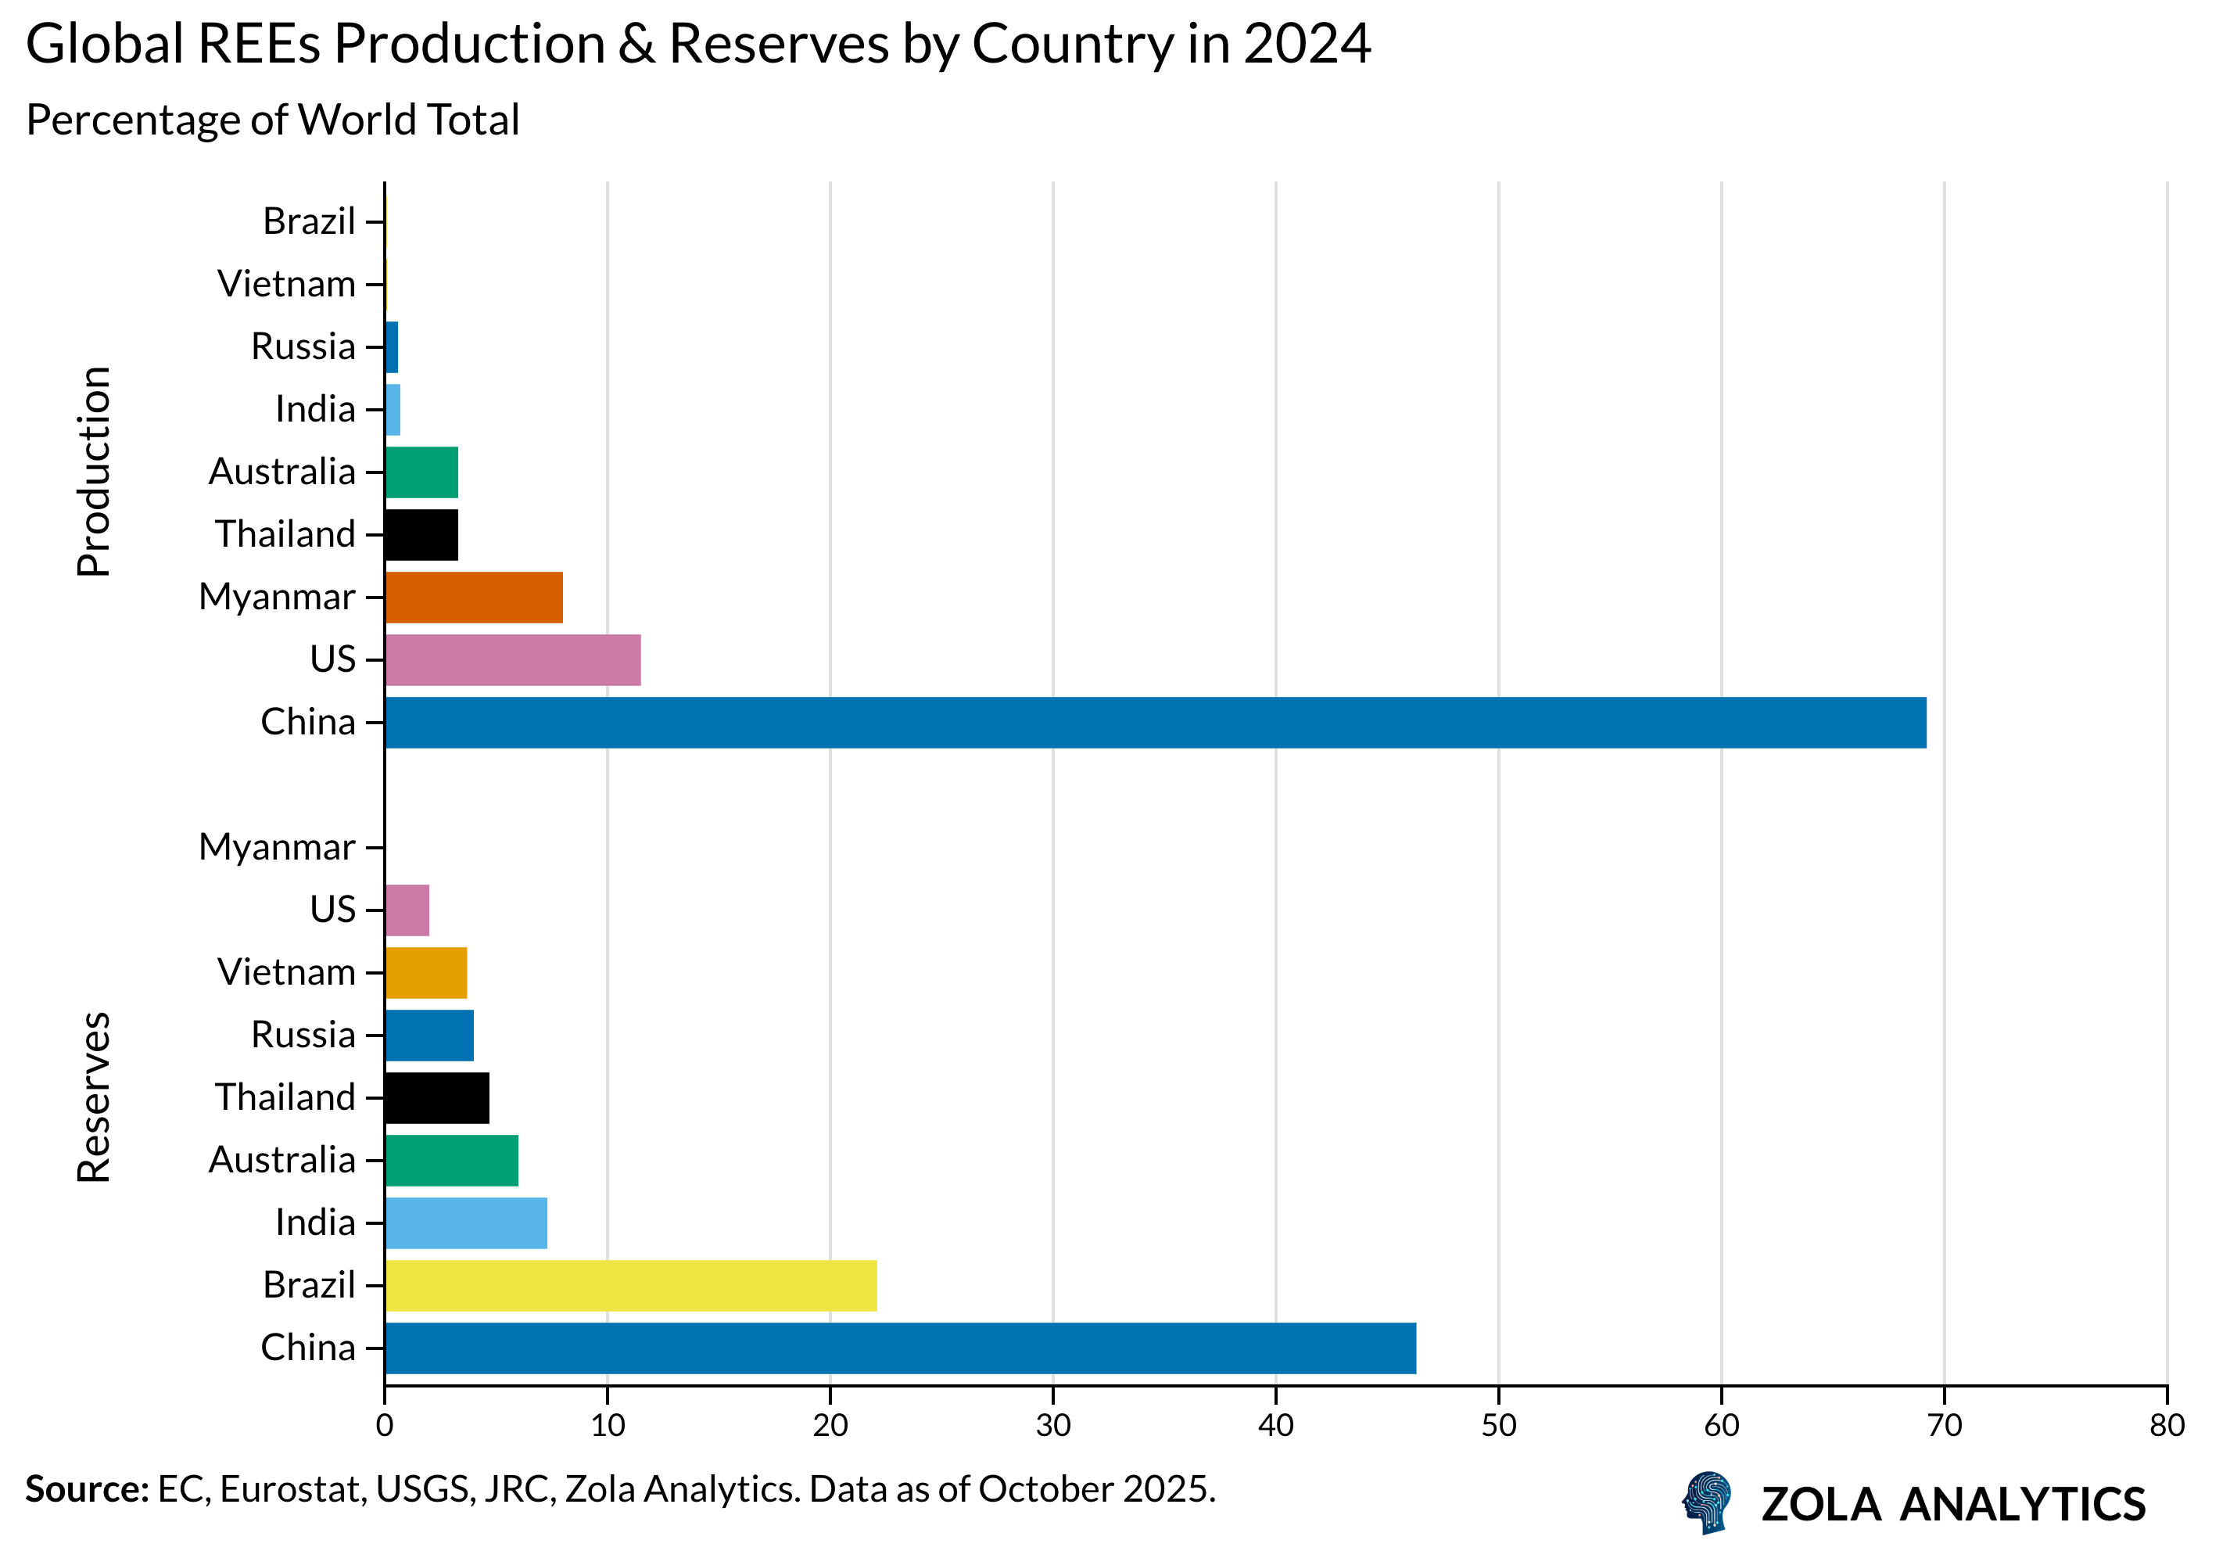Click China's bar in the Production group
coord(1155,723)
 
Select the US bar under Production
coord(513,659)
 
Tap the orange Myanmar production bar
coord(474,598)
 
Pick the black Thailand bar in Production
coord(421,535)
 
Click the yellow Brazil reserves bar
coord(631,1286)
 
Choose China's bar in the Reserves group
coord(900,1348)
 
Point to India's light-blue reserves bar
coord(466,1223)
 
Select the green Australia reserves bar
coord(452,1161)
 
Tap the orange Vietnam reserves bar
coord(426,973)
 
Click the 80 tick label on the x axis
coord(2167,1426)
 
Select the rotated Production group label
coord(94,472)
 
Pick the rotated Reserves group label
coord(94,1097)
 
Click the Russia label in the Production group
coord(303,346)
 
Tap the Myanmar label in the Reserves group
coord(277,847)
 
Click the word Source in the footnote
coord(85,1489)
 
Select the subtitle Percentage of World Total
coord(273,120)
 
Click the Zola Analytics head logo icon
coord(1708,1502)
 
